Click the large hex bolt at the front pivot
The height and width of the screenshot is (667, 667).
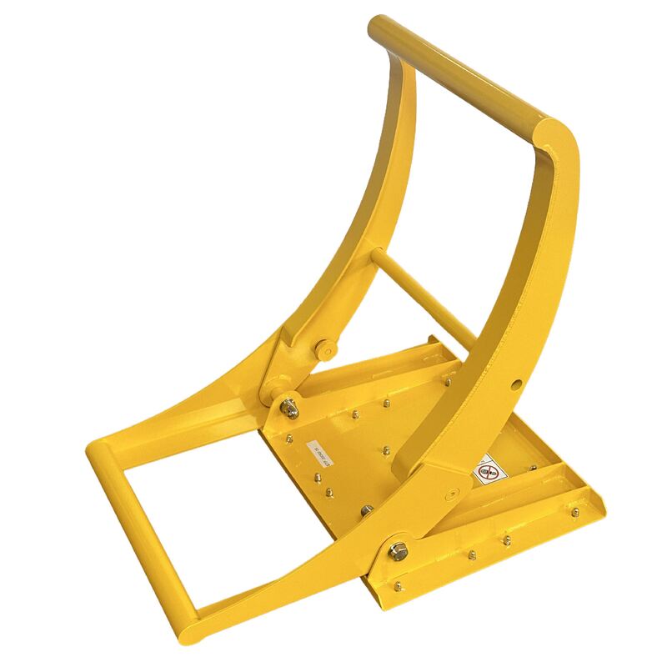(x=398, y=550)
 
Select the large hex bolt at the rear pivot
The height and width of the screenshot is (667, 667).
(x=288, y=408)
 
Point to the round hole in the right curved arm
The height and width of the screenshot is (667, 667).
(x=517, y=384)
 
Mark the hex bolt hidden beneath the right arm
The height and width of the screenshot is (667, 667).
(x=367, y=509)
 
